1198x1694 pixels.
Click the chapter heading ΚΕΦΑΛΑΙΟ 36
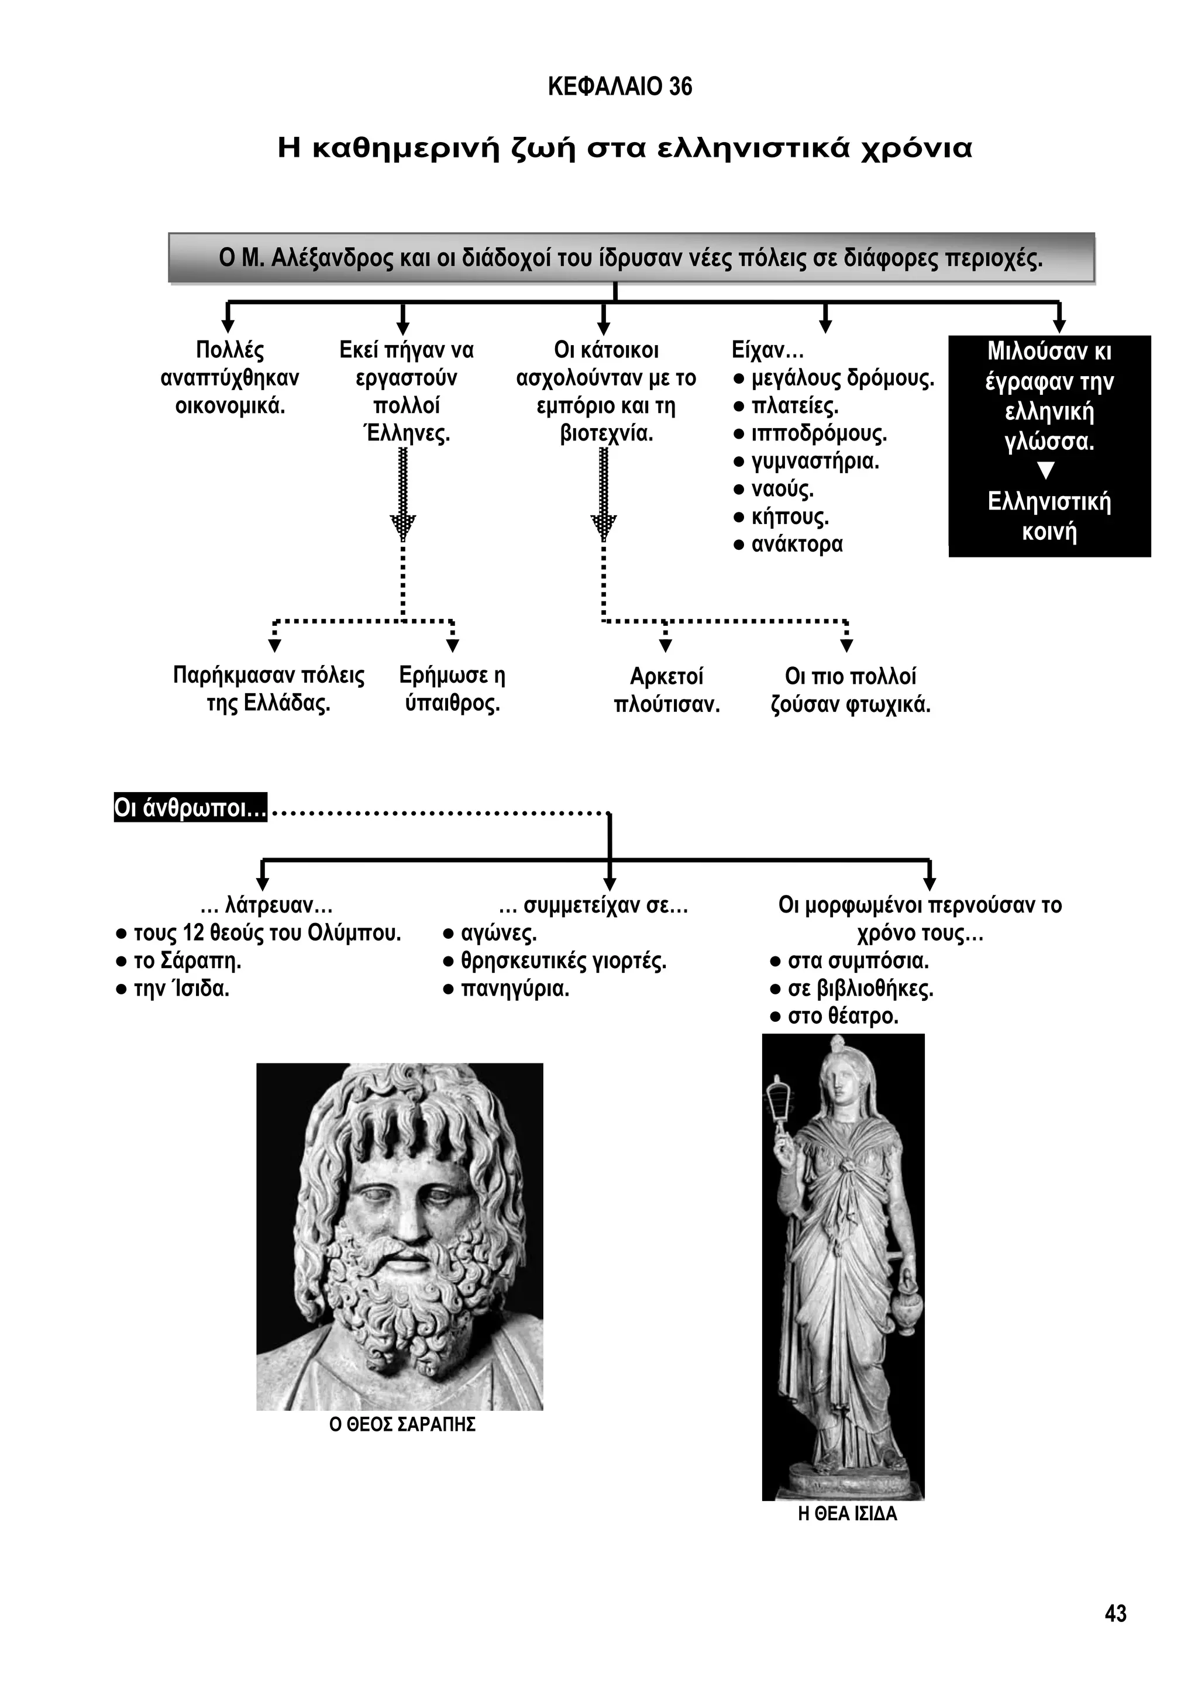619,87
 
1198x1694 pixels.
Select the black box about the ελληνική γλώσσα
1049,446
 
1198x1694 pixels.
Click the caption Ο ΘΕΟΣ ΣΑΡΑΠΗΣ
402,1424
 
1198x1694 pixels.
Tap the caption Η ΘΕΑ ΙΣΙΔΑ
848,1514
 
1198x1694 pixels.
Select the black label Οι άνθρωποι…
190,808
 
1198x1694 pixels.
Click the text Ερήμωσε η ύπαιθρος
452,689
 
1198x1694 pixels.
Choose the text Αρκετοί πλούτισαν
667,691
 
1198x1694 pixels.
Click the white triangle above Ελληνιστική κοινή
1046,471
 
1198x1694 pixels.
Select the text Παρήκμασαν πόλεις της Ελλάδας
268,689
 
